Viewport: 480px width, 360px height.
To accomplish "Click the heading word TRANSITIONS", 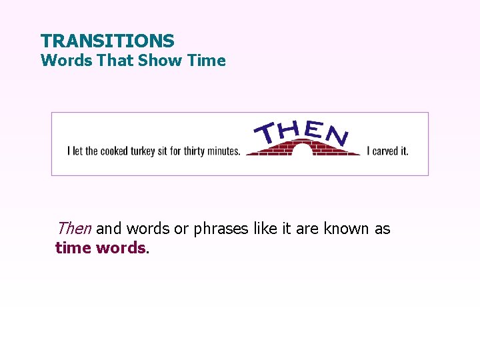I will (x=107, y=41).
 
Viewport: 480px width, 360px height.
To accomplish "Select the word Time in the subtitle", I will (x=207, y=61).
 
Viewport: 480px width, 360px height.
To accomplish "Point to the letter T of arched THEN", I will (x=270, y=133).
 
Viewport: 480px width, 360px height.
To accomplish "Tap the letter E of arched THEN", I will (x=313, y=129).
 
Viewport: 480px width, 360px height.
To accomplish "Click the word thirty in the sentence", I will (x=193, y=151).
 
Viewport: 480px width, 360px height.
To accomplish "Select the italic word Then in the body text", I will (x=74, y=229).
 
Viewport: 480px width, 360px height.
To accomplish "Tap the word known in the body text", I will (x=347, y=229).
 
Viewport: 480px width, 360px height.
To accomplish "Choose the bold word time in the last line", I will (x=73, y=248).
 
